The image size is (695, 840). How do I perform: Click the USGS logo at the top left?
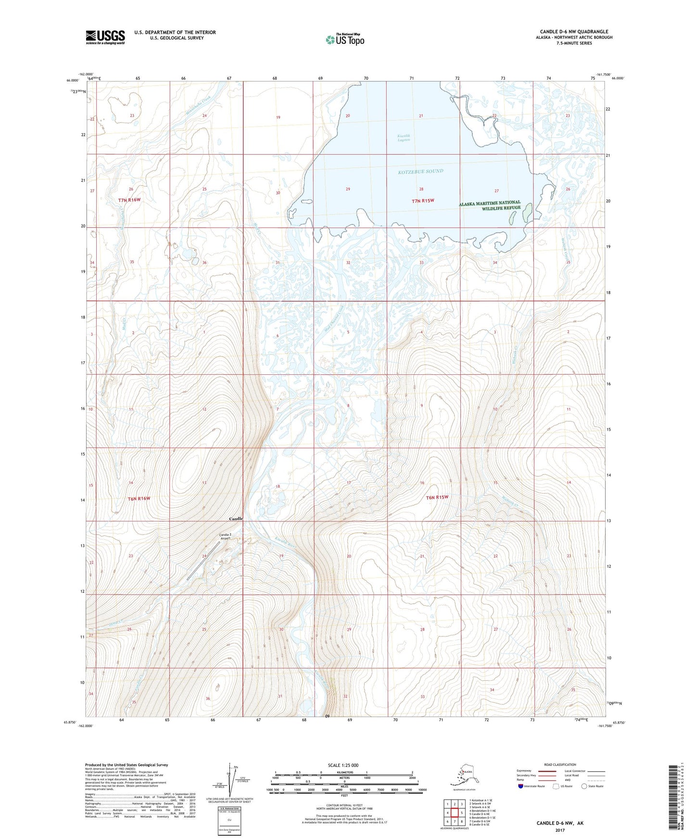click(x=105, y=37)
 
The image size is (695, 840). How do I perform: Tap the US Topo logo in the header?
click(x=345, y=39)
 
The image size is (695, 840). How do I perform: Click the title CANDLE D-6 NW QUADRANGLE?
click(x=574, y=32)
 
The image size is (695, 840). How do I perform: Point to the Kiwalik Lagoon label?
click(x=404, y=138)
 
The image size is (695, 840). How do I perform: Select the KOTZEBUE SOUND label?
click(x=420, y=171)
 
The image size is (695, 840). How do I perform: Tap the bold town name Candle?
click(x=236, y=519)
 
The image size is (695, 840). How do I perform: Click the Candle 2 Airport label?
click(x=225, y=536)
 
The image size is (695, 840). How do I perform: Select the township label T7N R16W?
click(x=129, y=200)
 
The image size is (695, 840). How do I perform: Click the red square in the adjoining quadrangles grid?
click(x=455, y=813)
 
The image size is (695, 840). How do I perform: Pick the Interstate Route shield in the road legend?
click(x=521, y=786)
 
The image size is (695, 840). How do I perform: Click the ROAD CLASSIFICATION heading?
click(x=560, y=764)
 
